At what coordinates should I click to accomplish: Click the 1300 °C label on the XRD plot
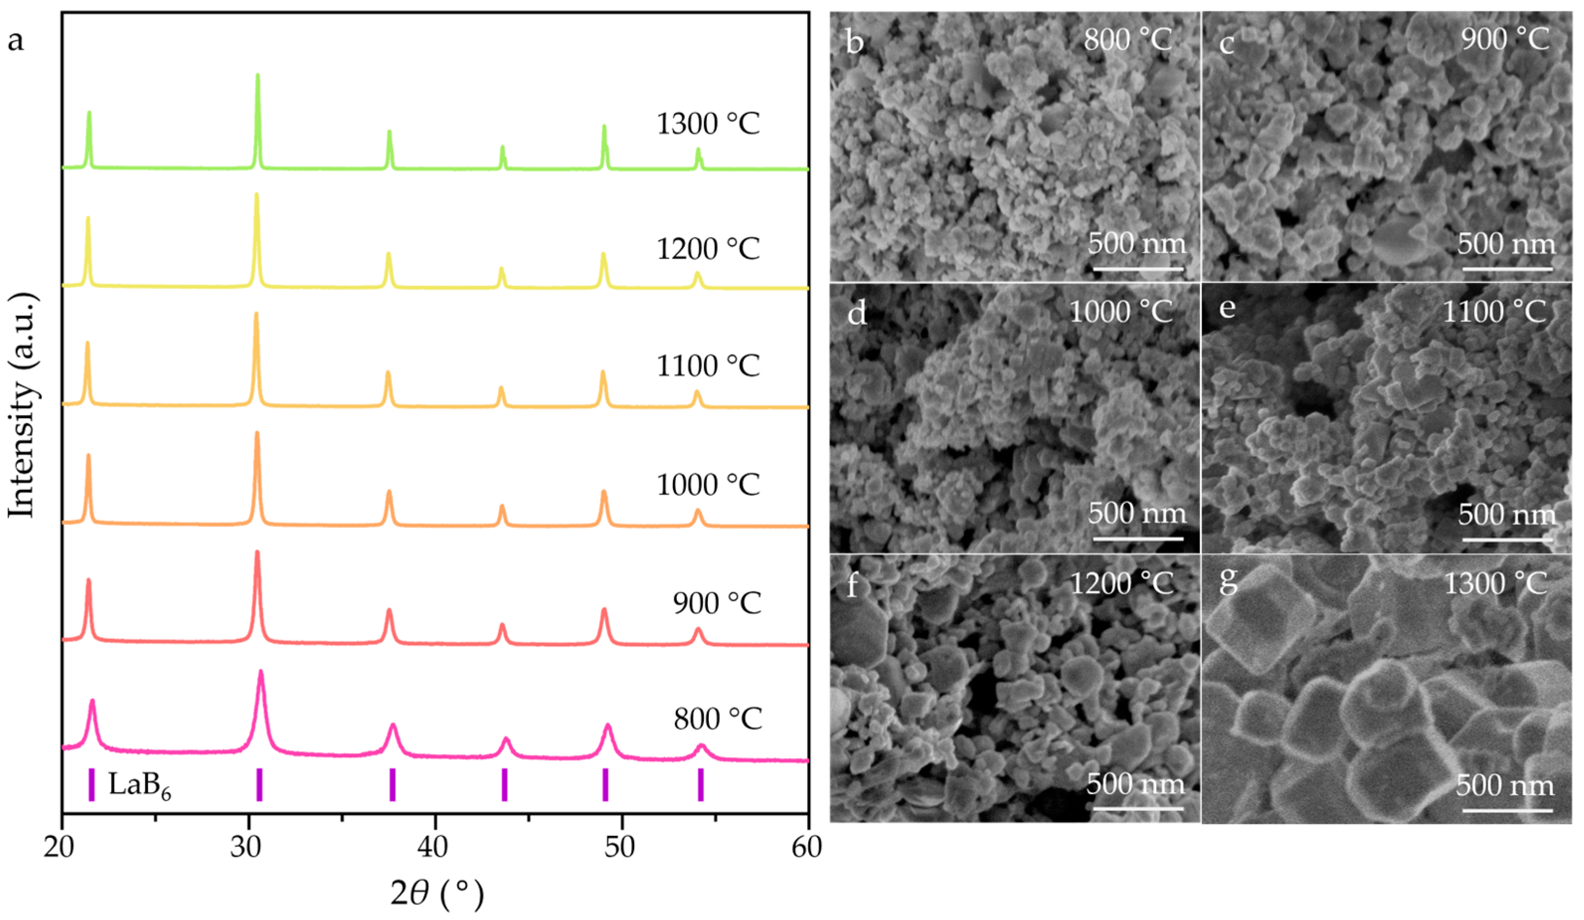pos(708,124)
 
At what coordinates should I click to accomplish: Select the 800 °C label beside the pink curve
pos(718,719)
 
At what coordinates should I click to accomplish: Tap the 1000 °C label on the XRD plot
pos(708,485)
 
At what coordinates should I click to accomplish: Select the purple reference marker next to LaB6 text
pos(92,785)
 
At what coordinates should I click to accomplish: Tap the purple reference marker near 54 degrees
pos(701,785)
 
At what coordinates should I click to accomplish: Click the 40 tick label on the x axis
pos(434,848)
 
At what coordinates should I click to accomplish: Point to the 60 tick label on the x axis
pos(807,848)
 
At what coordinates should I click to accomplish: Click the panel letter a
pos(16,41)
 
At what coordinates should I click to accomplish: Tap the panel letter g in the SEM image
pos(1228,582)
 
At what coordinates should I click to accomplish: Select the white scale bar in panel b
pos(1138,269)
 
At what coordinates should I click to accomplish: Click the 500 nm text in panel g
pos(1505,785)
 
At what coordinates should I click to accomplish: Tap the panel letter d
pos(857,312)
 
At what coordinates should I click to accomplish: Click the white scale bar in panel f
pos(1138,809)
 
